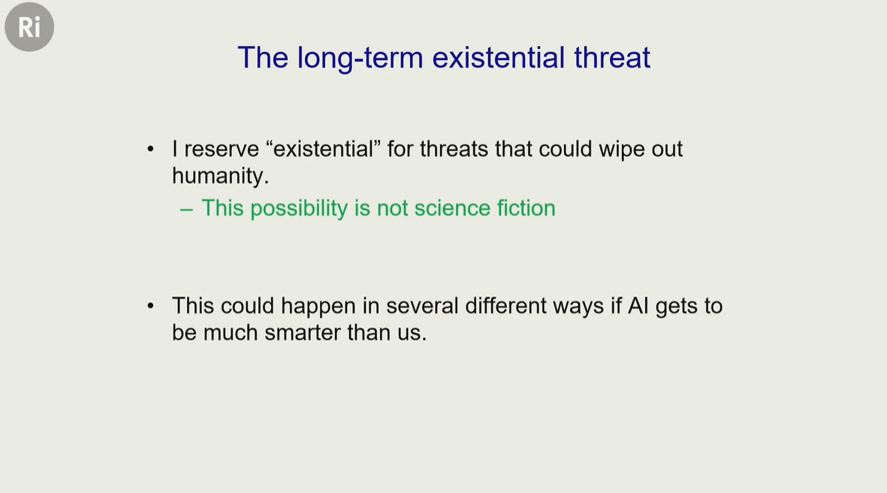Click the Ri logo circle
(29, 27)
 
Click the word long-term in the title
(360, 59)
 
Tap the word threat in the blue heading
(612, 58)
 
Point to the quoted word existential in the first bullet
(323, 149)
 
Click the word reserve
(222, 150)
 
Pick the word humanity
(220, 176)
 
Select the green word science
(452, 208)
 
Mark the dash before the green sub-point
(186, 210)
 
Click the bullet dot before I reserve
(150, 150)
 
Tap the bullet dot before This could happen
(150, 306)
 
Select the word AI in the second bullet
(638, 306)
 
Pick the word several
(422, 306)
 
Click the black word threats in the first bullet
(454, 150)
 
